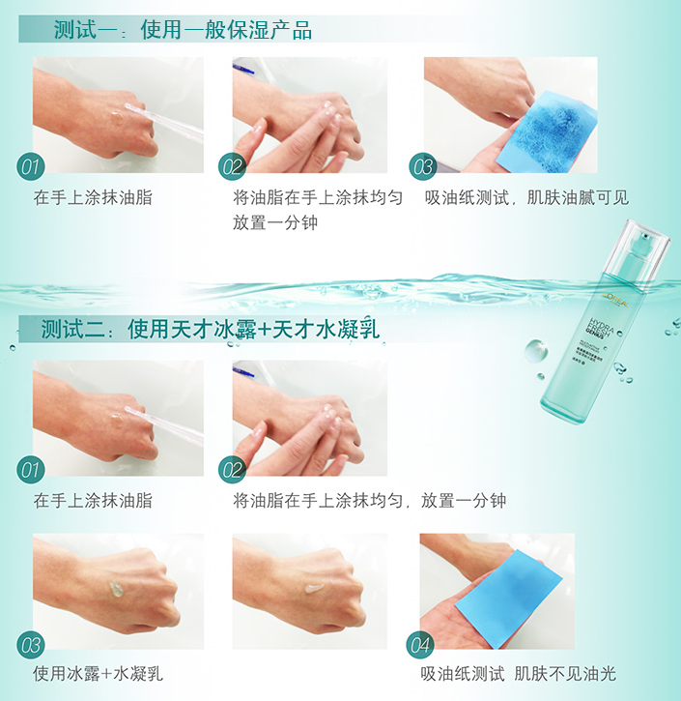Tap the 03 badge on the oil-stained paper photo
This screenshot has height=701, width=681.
pos(422,167)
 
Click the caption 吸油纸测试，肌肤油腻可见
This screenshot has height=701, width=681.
pos(526,198)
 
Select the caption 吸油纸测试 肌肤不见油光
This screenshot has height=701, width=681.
pos(518,674)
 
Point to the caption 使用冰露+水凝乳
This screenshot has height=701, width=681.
pos(98,674)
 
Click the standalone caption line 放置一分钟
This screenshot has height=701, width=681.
pos(274,222)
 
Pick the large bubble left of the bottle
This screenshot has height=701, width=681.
pos(536,348)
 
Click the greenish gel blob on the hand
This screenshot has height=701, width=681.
pos(116,588)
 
